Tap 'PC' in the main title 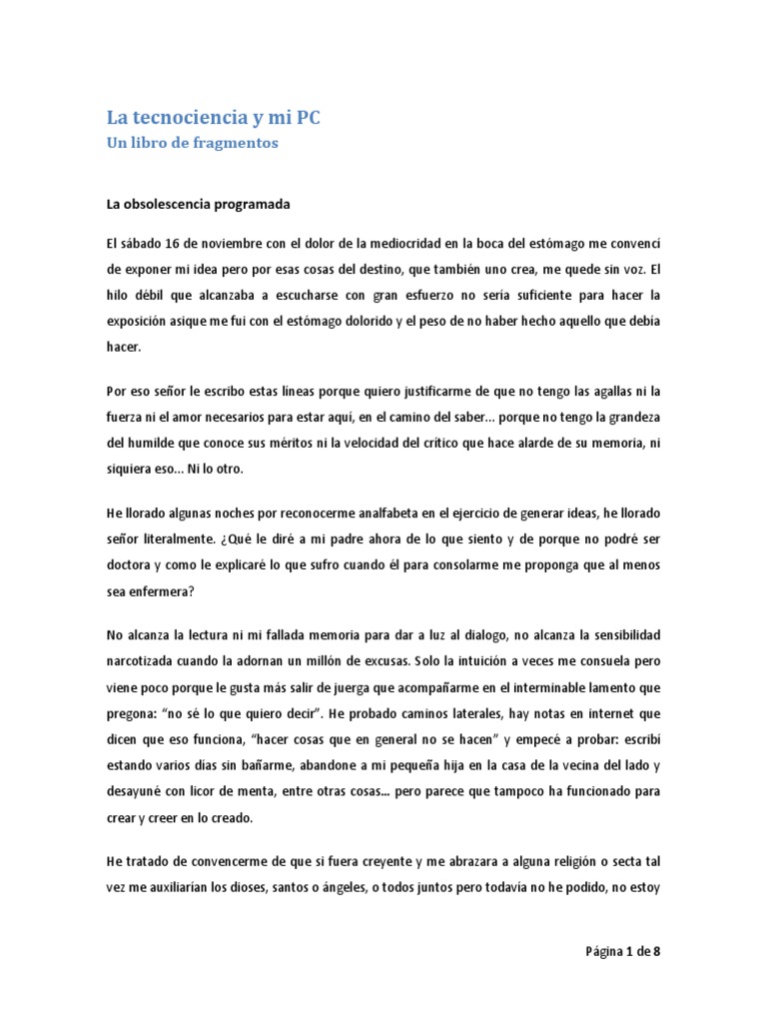pos(307,118)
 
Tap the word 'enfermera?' pos(162,589)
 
